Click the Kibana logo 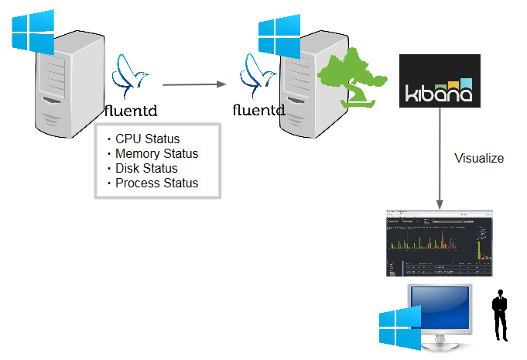440,81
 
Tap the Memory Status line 156,153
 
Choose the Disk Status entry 146,168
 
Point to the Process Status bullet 156,183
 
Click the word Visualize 479,159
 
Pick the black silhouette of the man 501,315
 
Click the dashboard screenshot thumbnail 440,243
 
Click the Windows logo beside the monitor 399,326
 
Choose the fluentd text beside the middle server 259,109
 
